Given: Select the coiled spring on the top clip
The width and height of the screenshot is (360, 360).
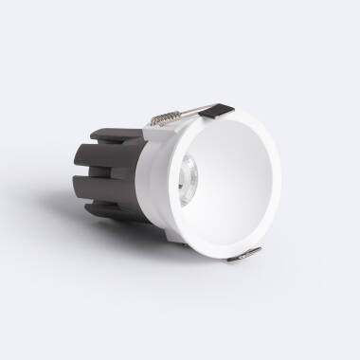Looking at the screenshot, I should tap(164, 120).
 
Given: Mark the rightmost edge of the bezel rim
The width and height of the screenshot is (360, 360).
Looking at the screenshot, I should tap(281, 180).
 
